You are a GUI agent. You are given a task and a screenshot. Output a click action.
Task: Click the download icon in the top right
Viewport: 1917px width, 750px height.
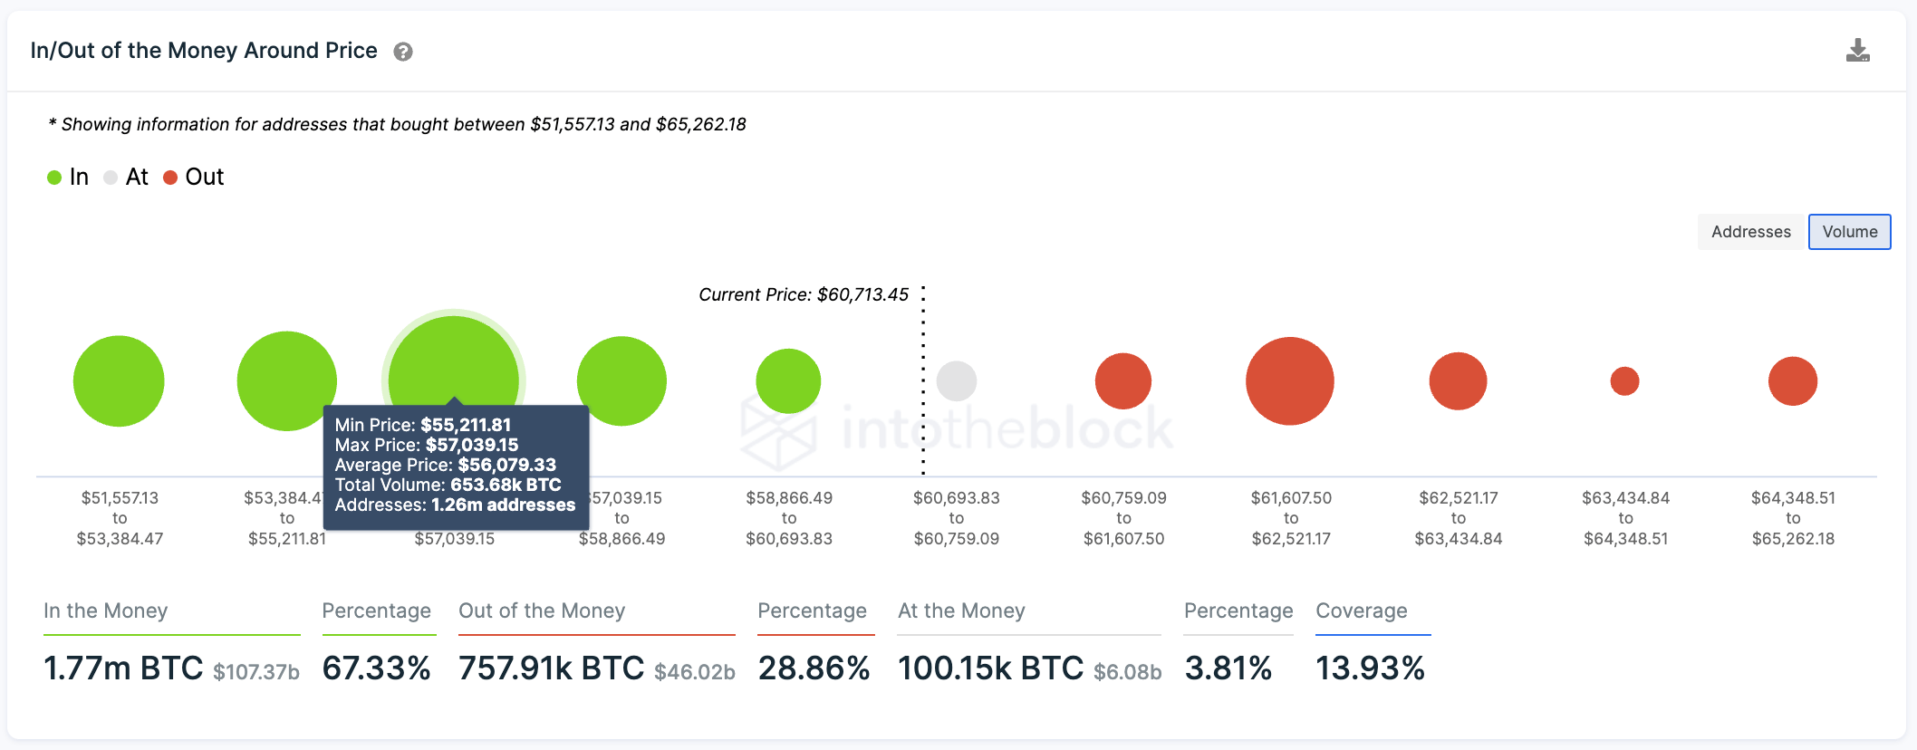coord(1857,51)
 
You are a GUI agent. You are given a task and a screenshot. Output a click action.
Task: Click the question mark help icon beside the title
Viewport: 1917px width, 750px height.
coord(403,52)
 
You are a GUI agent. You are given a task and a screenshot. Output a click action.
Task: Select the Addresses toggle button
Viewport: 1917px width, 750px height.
coord(1750,232)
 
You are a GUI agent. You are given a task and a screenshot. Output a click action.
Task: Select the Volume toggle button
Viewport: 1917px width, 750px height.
coord(1849,232)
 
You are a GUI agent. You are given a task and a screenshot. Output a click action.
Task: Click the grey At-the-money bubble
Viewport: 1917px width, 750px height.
coord(956,381)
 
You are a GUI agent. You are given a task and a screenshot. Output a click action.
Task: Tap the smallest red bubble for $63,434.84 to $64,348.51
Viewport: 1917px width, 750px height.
coord(1624,381)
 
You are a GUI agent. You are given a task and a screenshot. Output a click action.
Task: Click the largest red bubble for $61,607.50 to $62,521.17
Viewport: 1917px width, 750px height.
coord(1289,381)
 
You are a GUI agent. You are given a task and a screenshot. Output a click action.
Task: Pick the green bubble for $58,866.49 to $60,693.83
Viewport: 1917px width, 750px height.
coord(788,381)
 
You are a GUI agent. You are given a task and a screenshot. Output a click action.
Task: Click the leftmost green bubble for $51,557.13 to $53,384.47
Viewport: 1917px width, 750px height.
coord(119,381)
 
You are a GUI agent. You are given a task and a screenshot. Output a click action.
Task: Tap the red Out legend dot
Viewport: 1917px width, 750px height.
coord(170,178)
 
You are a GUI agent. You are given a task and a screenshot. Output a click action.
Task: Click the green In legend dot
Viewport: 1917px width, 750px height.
coord(54,178)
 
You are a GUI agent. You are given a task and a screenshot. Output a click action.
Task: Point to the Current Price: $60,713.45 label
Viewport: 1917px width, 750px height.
coord(803,294)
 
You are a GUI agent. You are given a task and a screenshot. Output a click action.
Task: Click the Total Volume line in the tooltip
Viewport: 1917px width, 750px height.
coord(448,485)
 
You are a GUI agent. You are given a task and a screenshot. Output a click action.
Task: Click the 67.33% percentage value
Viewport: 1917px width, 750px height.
coord(376,668)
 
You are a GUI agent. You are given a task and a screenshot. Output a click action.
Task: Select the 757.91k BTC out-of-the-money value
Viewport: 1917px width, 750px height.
coord(551,668)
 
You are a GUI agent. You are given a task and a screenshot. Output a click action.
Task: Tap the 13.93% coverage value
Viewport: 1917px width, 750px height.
coord(1370,668)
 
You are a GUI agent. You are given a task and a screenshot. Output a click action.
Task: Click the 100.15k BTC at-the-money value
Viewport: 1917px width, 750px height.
coord(990,668)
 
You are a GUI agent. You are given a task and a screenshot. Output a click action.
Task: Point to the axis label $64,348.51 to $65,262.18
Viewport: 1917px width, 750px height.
coord(1793,518)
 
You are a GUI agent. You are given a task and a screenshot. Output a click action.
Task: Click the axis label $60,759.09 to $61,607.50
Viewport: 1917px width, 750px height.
coord(1123,518)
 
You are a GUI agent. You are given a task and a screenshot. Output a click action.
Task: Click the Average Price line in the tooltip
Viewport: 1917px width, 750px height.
coord(445,465)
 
